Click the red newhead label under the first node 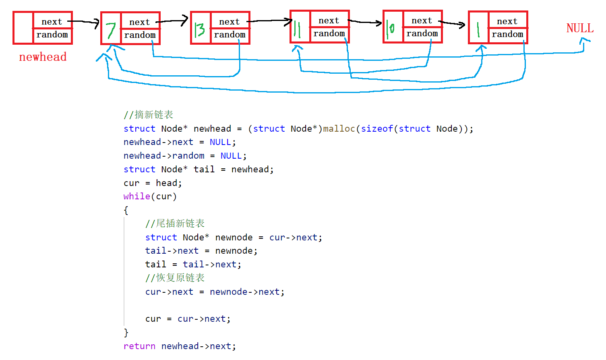pos(43,57)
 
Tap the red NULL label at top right pos(579,28)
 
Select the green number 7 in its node pos(111,30)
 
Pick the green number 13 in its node pos(200,29)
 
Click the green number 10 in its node pos(390,29)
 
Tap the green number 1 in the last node pos(478,29)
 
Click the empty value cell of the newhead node pos(23,28)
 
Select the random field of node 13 pos(230,35)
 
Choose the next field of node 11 pos(329,21)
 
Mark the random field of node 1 pos(507,35)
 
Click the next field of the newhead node pos(52,22)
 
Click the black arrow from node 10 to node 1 pos(452,23)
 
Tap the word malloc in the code pos(339,129)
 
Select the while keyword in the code pos(137,197)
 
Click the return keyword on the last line pos(139,346)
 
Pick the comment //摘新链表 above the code pos(148,115)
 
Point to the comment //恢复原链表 pos(175,278)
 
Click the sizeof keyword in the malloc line pos(377,129)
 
